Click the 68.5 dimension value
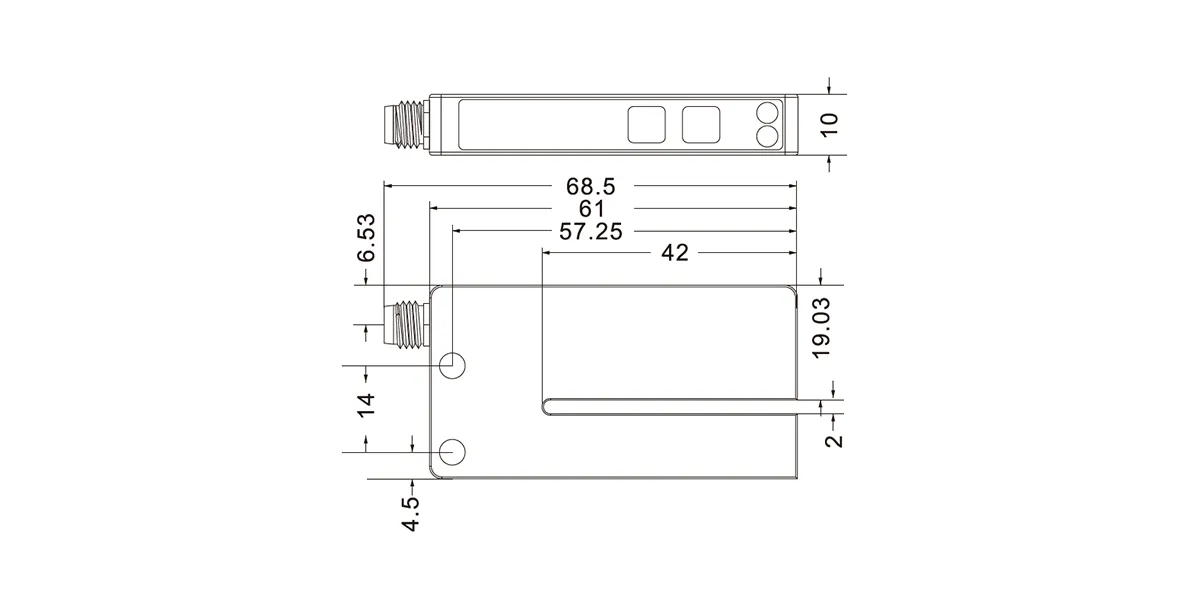(591, 186)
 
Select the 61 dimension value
(592, 208)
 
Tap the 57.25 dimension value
(591, 231)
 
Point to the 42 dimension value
(674, 252)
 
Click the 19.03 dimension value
(821, 328)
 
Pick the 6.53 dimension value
(367, 238)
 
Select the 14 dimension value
(367, 405)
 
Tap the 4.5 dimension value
(411, 514)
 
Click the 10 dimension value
(829, 125)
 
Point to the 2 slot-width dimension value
(834, 440)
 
